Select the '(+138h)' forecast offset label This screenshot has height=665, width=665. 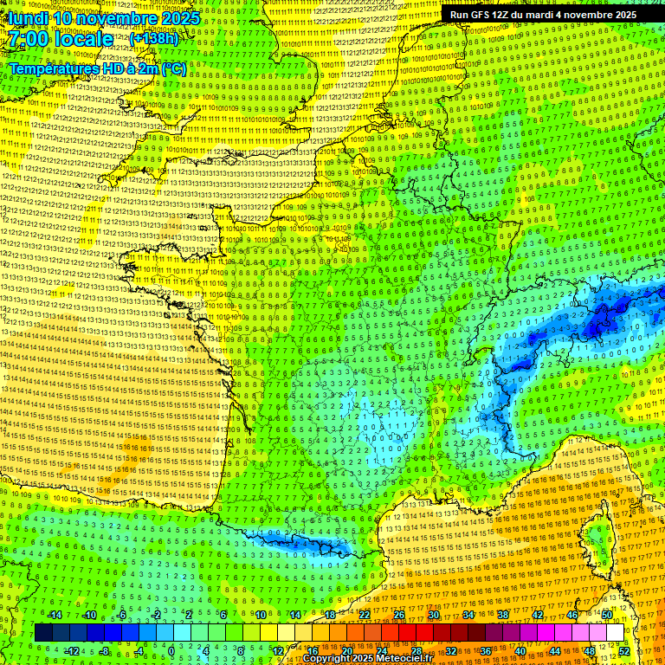click(x=154, y=39)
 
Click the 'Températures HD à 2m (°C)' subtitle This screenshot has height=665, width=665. click(x=98, y=68)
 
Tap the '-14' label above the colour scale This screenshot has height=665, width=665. click(x=55, y=615)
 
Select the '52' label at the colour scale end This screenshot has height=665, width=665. click(x=624, y=651)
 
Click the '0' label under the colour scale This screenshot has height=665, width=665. click(x=171, y=651)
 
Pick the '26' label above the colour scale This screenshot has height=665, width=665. click(x=399, y=615)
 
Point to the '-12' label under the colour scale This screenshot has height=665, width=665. click(x=73, y=651)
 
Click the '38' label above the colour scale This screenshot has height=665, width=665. click(x=503, y=615)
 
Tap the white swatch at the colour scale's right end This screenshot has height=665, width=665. click(x=615, y=633)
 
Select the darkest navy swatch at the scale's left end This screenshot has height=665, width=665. click(x=43, y=633)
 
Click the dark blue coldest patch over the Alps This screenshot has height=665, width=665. click(x=602, y=326)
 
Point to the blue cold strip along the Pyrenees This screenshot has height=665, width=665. click(x=303, y=546)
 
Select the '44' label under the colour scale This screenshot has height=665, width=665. click(x=555, y=651)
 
